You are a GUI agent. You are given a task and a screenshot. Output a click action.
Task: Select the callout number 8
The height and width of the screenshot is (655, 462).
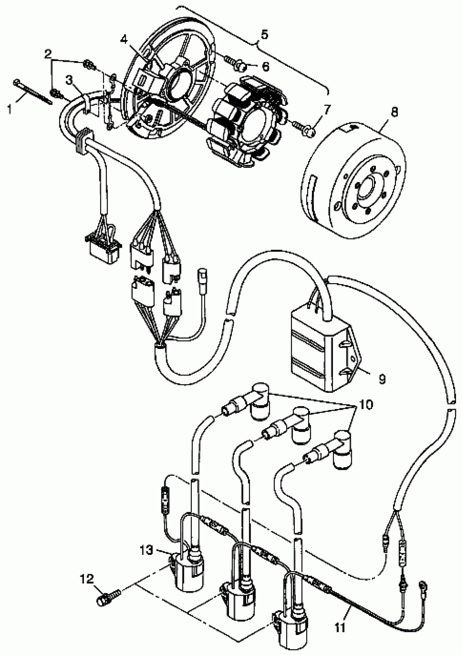pyautogui.click(x=394, y=112)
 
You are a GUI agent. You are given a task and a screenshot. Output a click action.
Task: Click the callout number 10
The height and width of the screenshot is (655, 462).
pyautogui.click(x=366, y=404)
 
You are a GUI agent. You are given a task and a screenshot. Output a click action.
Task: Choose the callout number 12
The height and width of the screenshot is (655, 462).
pyautogui.click(x=87, y=579)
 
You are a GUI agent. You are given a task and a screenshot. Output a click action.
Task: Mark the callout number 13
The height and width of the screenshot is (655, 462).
pyautogui.click(x=146, y=550)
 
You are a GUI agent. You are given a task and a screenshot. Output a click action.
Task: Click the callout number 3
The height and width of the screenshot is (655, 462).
pyautogui.click(x=69, y=81)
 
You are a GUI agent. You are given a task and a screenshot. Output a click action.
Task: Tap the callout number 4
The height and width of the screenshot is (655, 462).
pyautogui.click(x=124, y=39)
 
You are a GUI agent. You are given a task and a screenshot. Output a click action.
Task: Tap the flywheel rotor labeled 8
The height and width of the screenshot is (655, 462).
pyautogui.click(x=354, y=183)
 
